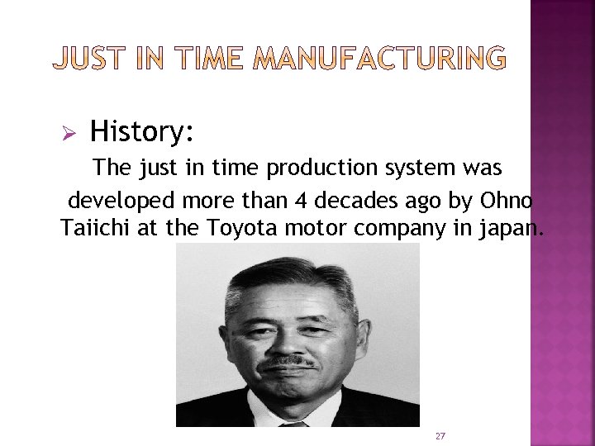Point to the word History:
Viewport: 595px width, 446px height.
142,130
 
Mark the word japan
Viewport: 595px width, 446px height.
508,229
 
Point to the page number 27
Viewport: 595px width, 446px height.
440,435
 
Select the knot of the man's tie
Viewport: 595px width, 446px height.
293,425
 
